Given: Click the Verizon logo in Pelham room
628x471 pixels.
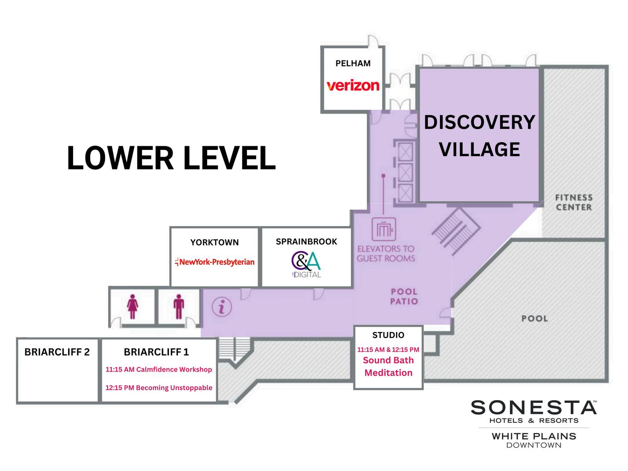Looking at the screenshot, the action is tap(353, 85).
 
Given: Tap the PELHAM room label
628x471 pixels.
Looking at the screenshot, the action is tap(353, 63).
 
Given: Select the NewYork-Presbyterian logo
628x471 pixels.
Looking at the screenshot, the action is tap(215, 262).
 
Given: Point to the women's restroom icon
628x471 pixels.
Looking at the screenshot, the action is tap(133, 307).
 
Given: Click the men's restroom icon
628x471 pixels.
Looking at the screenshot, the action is tap(179, 307).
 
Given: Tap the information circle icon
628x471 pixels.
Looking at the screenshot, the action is tap(222, 307).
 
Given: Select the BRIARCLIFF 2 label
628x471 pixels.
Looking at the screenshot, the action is tap(57, 352).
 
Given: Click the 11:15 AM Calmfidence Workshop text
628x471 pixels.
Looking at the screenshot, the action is tap(159, 370).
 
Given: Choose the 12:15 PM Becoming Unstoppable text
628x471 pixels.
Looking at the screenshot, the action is tap(159, 388).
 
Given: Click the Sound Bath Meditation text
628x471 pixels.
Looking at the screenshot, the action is tap(388, 367).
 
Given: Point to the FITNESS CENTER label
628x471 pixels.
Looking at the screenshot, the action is tap(574, 203).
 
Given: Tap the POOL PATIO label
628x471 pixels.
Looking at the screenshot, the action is tap(404, 296).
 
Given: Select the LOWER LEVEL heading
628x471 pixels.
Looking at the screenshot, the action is tap(171, 158).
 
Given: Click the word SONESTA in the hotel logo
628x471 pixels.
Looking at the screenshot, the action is tap(534, 407).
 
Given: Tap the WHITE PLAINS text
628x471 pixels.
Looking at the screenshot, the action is tap(534, 436).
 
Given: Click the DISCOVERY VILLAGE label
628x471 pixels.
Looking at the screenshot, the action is tap(480, 135).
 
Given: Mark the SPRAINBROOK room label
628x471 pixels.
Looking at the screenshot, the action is tap(307, 242).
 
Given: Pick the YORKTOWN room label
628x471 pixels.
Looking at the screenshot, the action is tap(214, 242).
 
